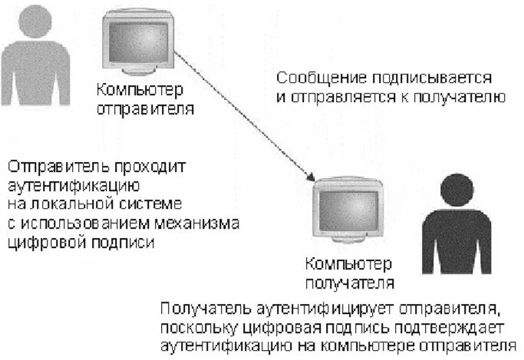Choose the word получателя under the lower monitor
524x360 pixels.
click(x=350, y=282)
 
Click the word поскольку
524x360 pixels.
click(x=204, y=328)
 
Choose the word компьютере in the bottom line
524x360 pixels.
click(x=381, y=345)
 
